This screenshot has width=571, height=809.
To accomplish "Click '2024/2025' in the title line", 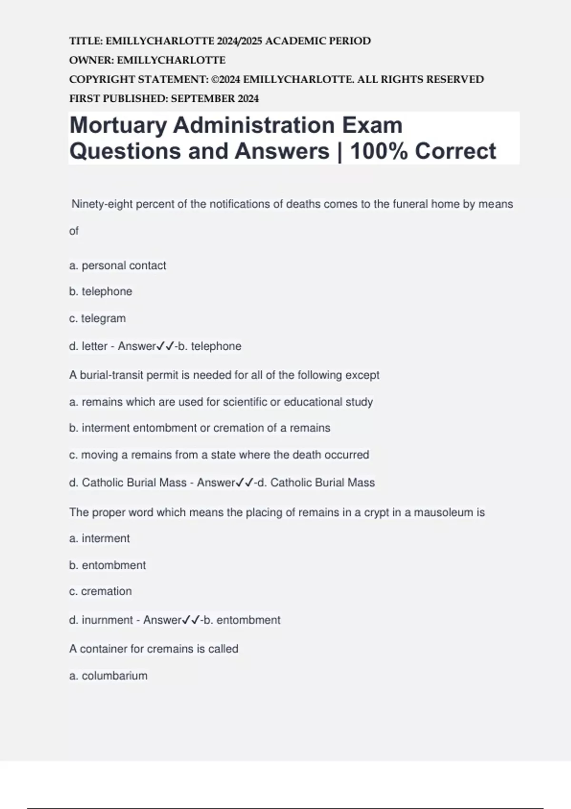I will pos(239,41).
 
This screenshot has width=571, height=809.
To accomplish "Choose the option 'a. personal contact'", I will pos(118,266).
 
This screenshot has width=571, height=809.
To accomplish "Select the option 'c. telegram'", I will pos(98,318).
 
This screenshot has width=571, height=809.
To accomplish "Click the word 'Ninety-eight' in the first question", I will pos(102,204).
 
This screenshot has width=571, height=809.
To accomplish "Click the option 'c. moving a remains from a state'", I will pos(219,455).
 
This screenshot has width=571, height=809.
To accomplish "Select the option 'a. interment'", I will pos(99,539).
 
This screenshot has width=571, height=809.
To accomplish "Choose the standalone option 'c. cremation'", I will pos(100,592).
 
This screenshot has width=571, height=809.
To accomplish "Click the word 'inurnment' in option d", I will pos(108,620).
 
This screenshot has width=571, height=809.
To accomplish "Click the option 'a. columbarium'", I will pos(108,676).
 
